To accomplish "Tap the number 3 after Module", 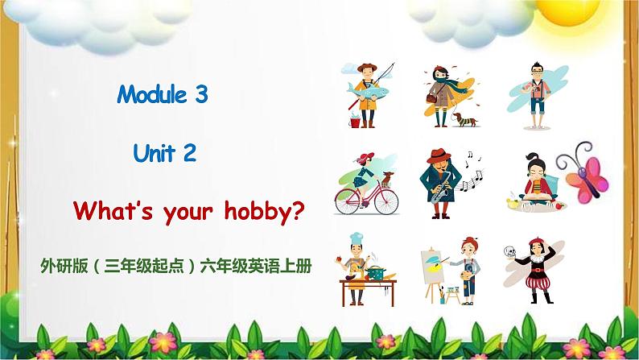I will tap(201, 95).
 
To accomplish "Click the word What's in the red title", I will tap(109, 212).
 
